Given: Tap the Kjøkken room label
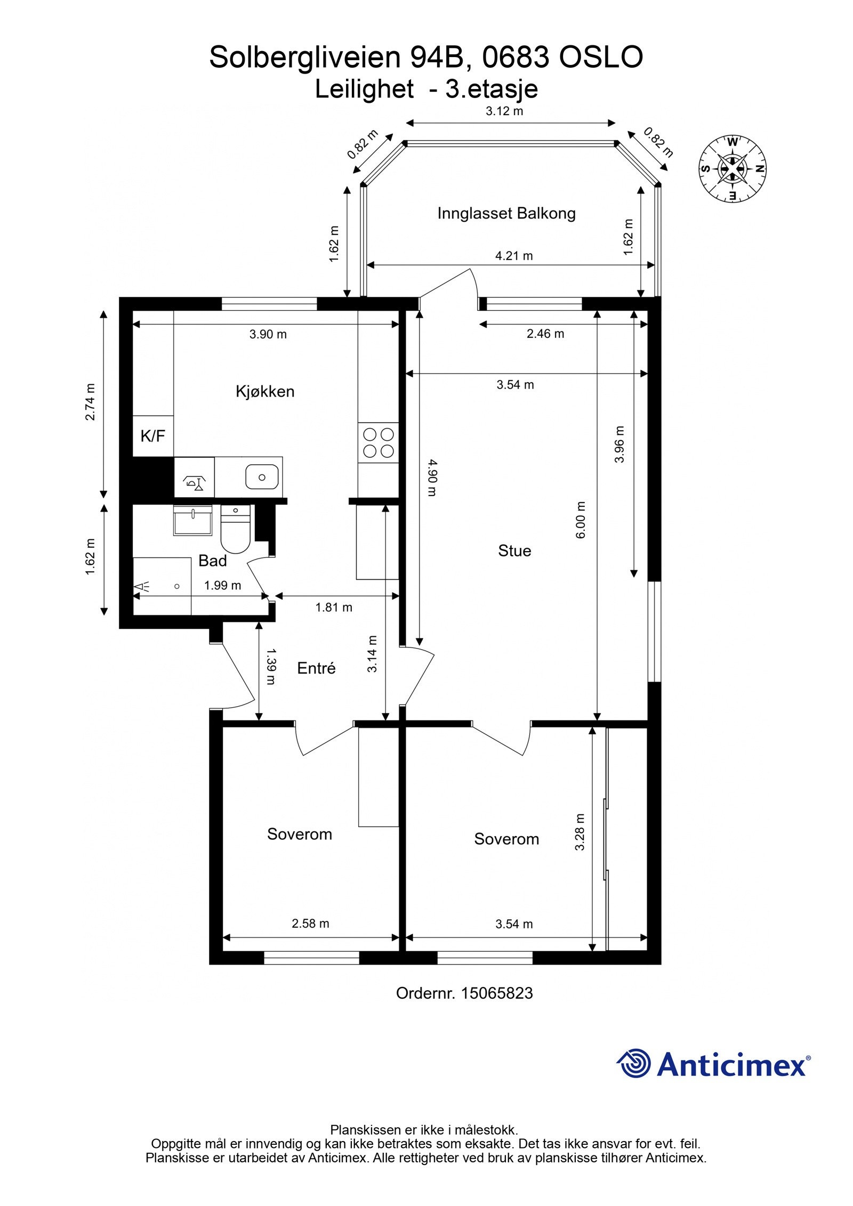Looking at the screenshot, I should tap(265, 391).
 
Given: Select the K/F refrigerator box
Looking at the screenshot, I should tap(153, 436).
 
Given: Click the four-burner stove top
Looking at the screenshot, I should tap(379, 443).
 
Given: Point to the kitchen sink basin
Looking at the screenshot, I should tap(262, 477).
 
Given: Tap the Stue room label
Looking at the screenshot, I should tap(514, 551).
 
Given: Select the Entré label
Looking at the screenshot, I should tap(316, 668).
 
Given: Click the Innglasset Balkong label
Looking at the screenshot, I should tap(506, 214).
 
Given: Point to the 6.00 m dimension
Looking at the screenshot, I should tap(581, 520).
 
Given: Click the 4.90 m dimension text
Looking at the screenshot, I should tap(432, 478).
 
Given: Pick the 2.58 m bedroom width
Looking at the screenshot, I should tap(310, 924).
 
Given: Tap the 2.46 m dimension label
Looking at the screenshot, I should tap(545, 334).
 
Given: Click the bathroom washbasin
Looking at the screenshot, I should tap(192, 520).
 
